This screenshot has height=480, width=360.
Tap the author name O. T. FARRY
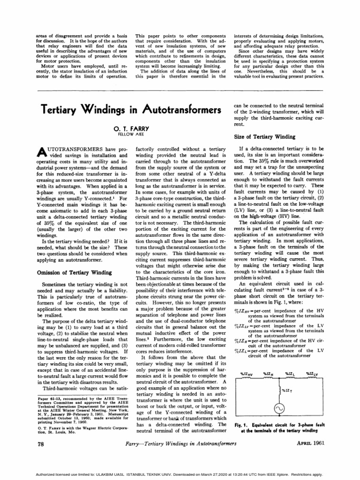pos(128,127)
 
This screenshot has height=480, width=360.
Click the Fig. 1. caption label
pos(241,425)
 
